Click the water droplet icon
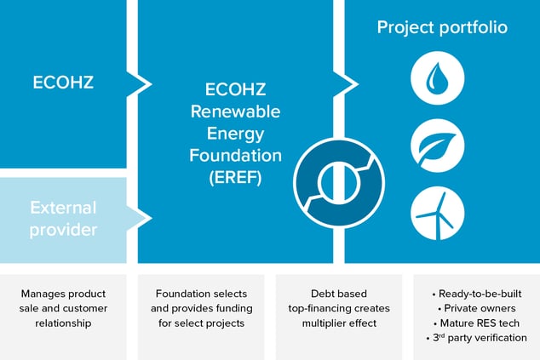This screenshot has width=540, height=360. click(438, 78)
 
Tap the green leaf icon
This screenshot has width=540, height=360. click(438, 146)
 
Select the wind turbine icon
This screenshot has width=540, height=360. click(438, 214)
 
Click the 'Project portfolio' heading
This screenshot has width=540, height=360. click(442, 27)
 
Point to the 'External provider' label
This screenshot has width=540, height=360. click(63, 219)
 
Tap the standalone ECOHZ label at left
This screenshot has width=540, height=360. click(63, 83)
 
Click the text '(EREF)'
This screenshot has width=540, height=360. click(235, 178)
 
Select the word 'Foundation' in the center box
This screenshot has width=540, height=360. click(235, 156)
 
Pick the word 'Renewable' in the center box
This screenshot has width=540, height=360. click(235, 111)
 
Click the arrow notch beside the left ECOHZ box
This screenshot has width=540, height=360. click(140, 84)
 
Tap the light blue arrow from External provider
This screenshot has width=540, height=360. click(140, 218)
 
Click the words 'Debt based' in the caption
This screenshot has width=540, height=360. click(339, 294)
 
